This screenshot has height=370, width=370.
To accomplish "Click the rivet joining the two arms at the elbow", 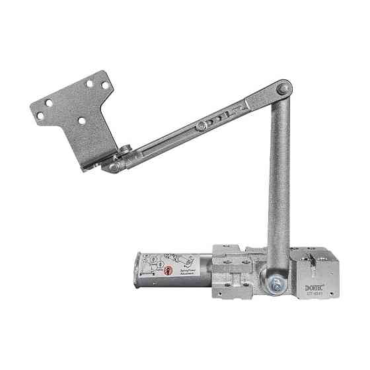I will coord(283,87).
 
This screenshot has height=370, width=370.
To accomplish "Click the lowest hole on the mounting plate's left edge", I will coord(40,116).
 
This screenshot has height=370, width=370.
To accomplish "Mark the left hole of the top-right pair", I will coord(90,84).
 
